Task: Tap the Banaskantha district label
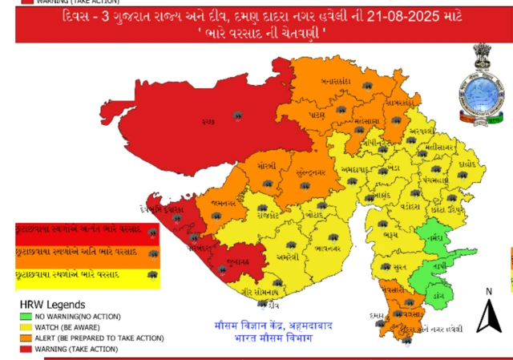337,83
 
